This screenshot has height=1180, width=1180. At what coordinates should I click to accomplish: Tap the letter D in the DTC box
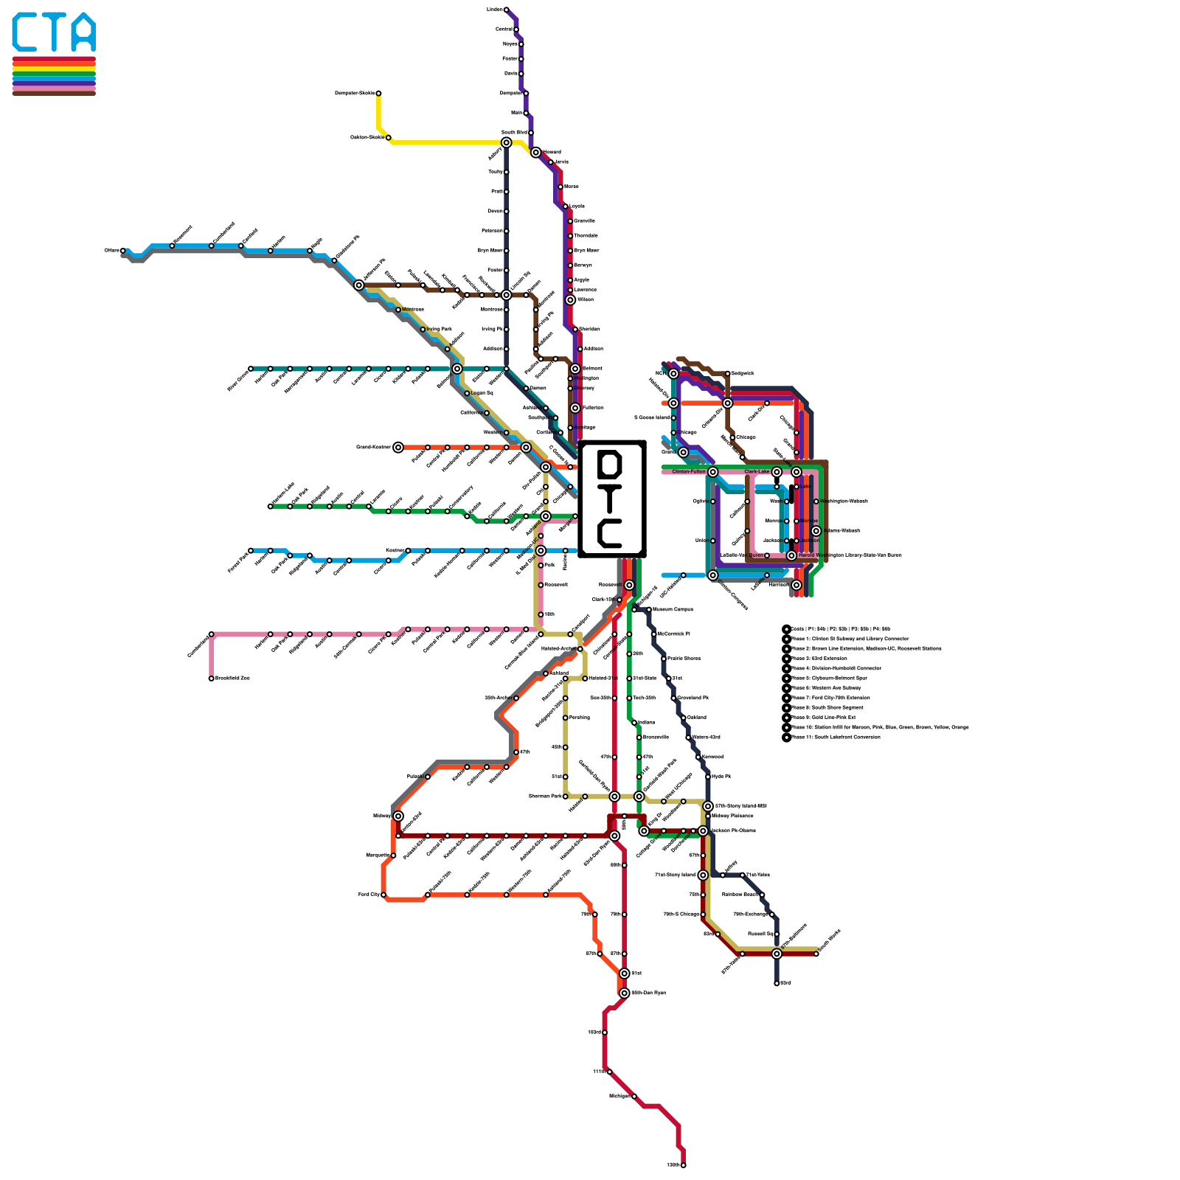pyautogui.click(x=611, y=465)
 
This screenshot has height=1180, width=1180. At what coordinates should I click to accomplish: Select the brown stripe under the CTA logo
pyautogui.click(x=54, y=93)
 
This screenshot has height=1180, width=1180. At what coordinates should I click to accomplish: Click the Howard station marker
pyautogui.click(x=535, y=153)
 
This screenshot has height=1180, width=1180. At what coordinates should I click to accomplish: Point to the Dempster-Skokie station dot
pyautogui.click(x=378, y=94)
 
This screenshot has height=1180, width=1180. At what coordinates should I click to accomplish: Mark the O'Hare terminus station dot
pyautogui.click(x=123, y=251)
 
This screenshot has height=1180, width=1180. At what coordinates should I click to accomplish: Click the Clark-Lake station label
pyautogui.click(x=757, y=472)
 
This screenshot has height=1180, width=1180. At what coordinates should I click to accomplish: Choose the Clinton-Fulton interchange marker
pyautogui.click(x=712, y=472)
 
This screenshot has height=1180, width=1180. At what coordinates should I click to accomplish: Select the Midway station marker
pyautogui.click(x=398, y=816)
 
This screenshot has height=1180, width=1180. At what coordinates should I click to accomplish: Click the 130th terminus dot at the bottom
pyautogui.click(x=684, y=1165)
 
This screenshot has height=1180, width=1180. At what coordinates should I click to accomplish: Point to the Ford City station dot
pyautogui.click(x=383, y=895)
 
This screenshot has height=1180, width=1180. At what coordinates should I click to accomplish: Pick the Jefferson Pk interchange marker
pyautogui.click(x=359, y=285)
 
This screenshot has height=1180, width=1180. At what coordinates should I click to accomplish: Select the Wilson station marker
pyautogui.click(x=570, y=300)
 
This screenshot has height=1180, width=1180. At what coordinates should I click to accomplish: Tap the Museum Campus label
pyautogui.click(x=672, y=610)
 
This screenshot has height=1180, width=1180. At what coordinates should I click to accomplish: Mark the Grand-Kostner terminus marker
pyautogui.click(x=398, y=448)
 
